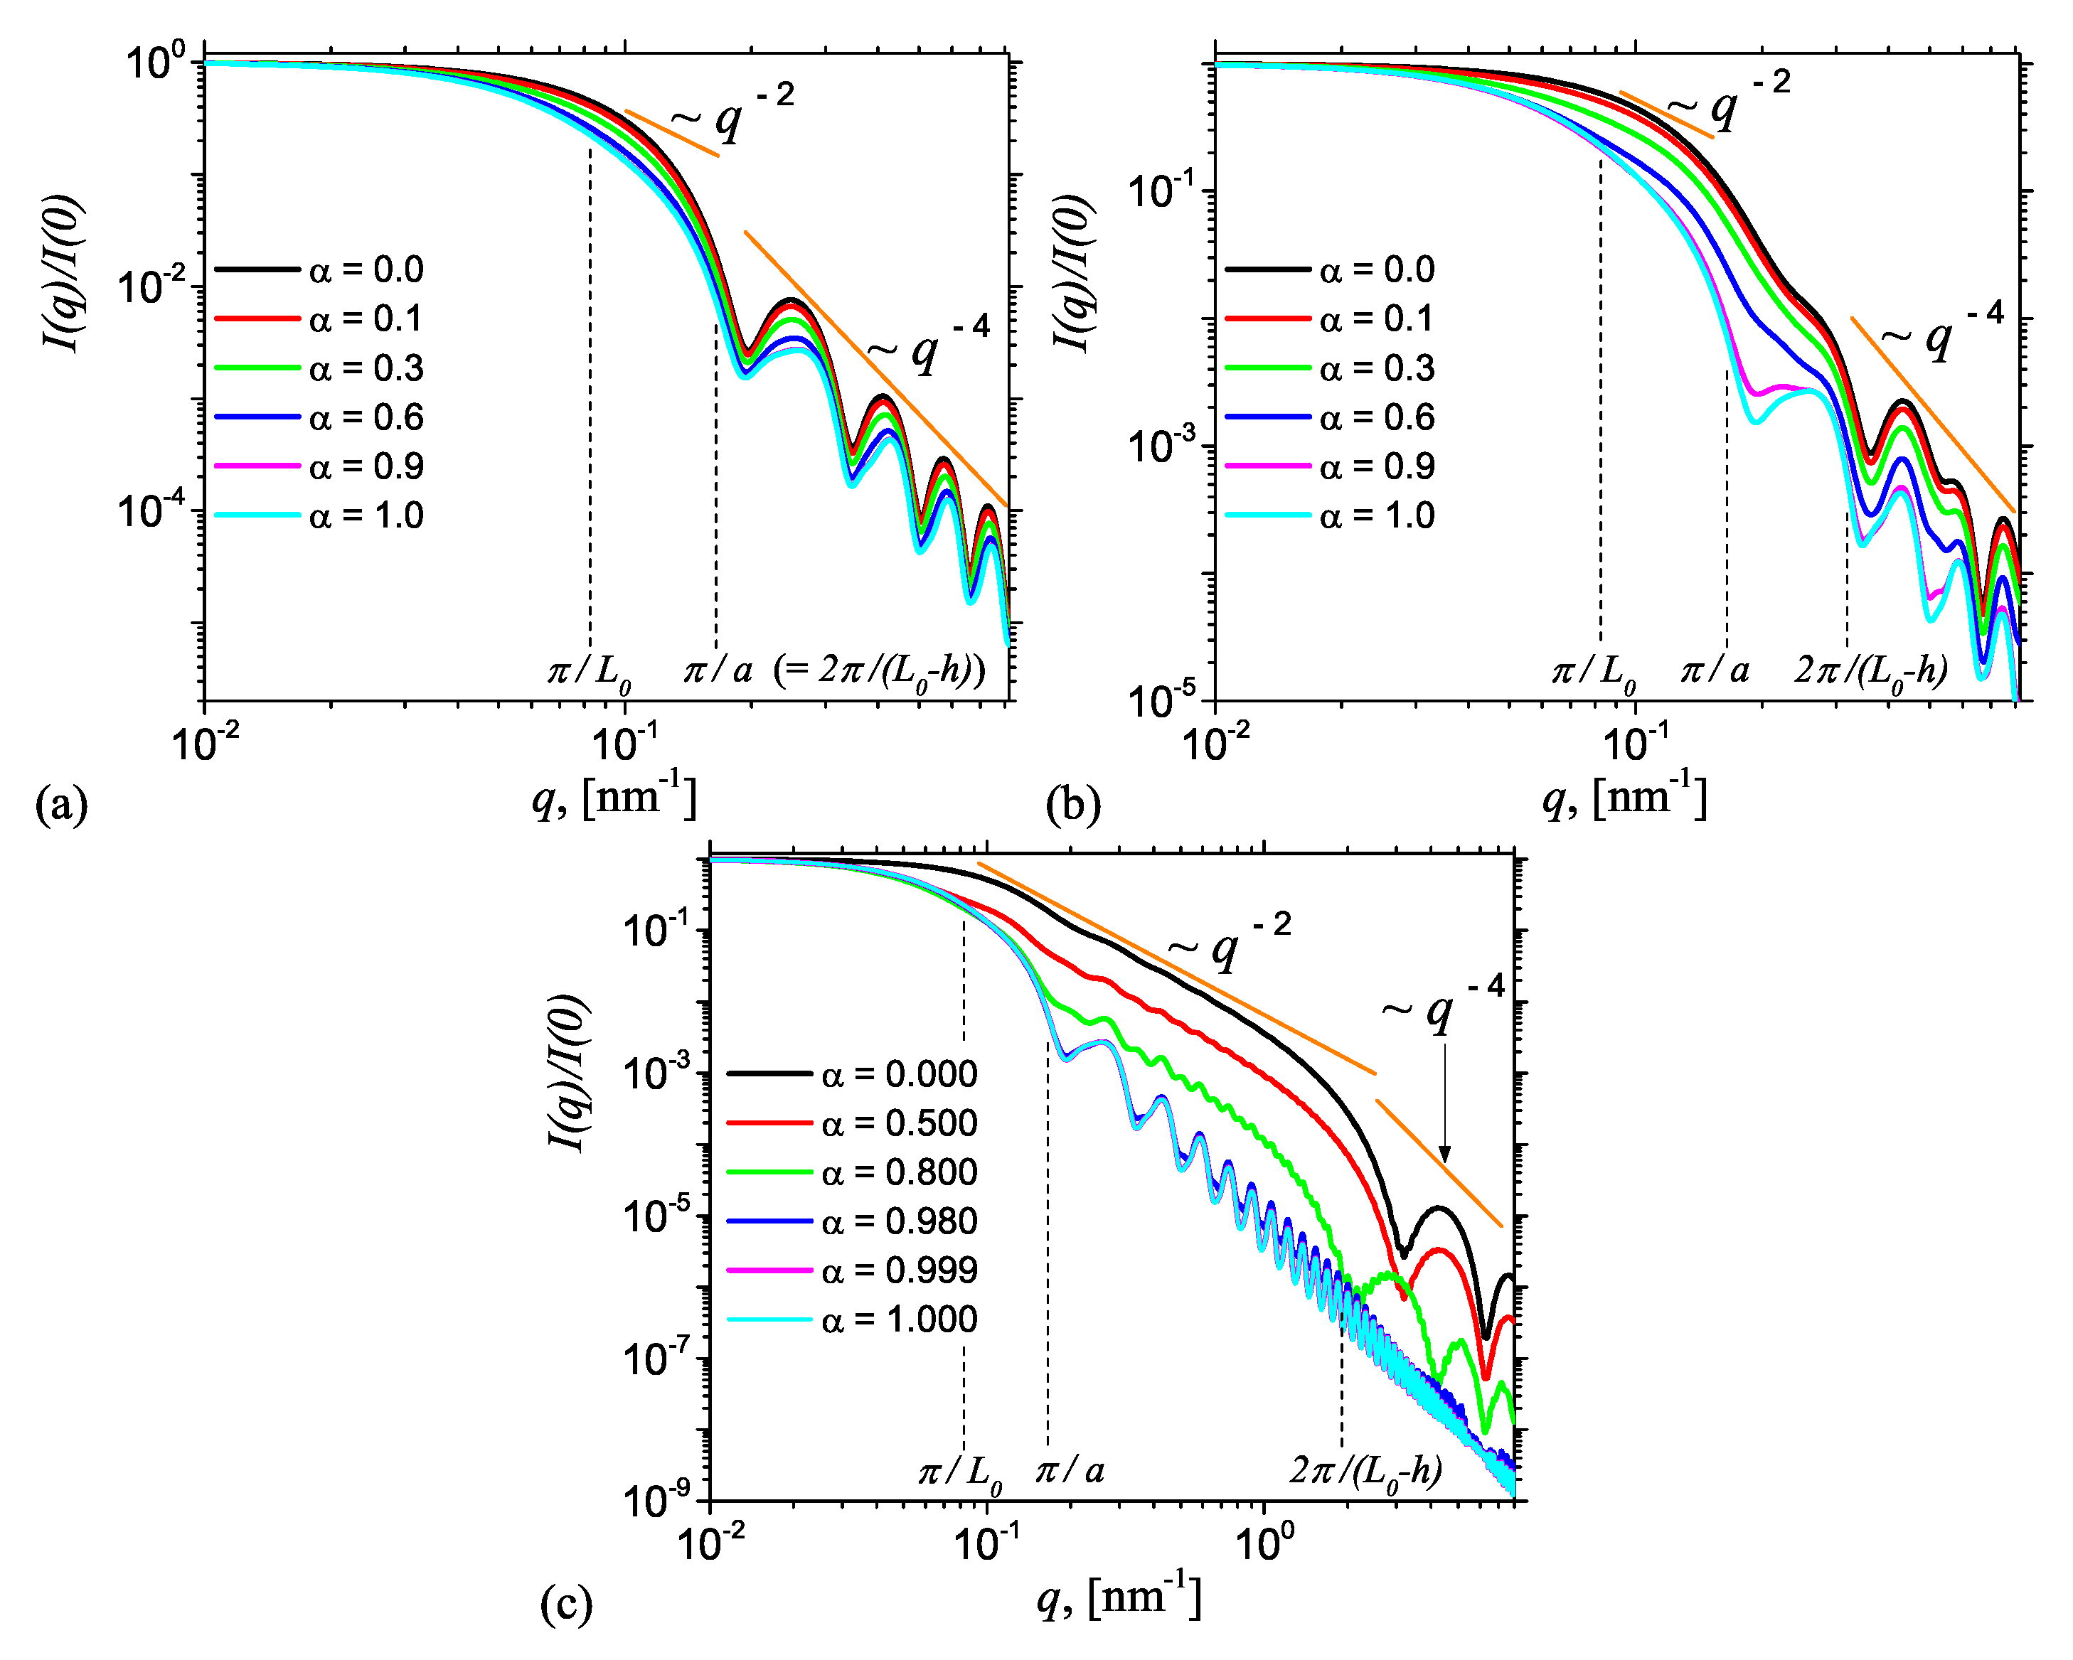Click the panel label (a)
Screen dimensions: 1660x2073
(x=60, y=803)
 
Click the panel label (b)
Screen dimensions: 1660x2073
(x=1073, y=803)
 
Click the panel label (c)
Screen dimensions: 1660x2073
(x=566, y=1603)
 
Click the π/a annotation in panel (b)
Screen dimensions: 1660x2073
(x=1715, y=669)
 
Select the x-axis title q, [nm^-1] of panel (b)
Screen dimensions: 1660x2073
(x=1624, y=797)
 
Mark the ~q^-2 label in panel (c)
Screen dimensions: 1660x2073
(x=1229, y=943)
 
